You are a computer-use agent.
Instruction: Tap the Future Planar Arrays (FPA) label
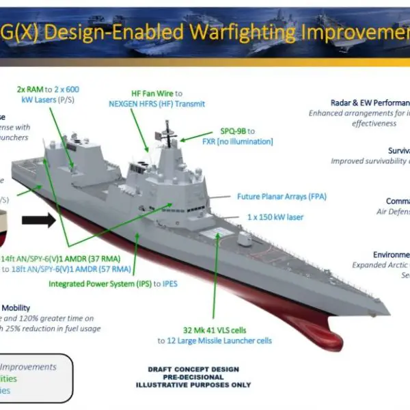tap(282, 197)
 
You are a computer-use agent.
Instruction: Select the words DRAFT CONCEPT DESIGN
tap(193, 370)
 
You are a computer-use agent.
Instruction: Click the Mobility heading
tap(15, 308)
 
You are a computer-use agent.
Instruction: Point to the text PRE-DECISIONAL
tap(193, 377)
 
